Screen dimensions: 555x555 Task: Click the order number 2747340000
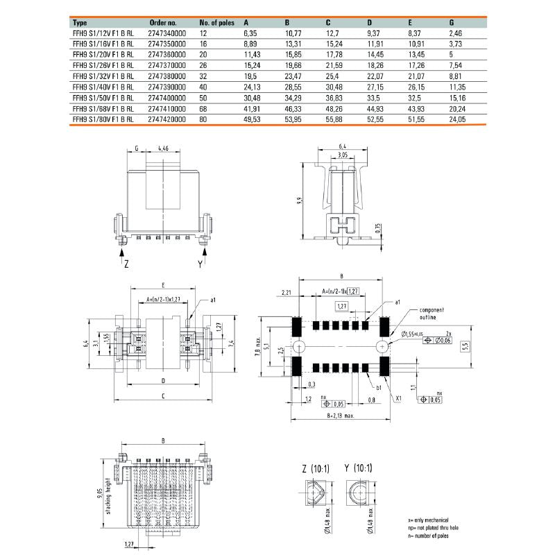coord(168,33)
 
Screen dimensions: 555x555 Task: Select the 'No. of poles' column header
coord(218,22)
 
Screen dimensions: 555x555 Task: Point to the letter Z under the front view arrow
coord(126,264)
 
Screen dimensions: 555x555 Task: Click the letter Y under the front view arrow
coord(200,264)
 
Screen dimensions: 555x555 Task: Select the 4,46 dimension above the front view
coord(164,148)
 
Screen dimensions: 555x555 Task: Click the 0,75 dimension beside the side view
coord(378,230)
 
